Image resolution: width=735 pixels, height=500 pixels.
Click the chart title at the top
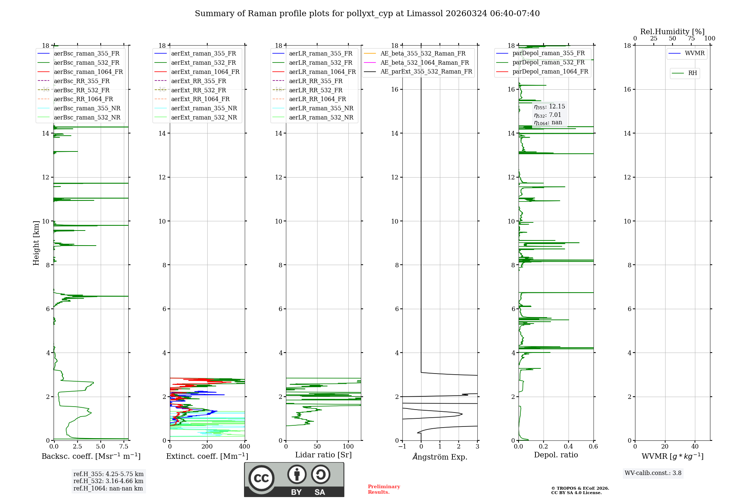367,14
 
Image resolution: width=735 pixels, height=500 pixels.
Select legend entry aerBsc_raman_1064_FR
88,72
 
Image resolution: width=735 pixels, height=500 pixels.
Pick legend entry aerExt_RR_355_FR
198,81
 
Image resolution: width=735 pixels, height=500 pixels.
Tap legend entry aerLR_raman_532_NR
321,117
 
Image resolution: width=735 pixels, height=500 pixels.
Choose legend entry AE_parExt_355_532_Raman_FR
426,71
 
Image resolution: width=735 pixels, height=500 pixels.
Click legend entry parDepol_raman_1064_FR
550,71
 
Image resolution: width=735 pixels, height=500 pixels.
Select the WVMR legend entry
695,53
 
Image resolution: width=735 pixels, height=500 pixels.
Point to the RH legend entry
692,73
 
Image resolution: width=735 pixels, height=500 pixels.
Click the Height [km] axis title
36,243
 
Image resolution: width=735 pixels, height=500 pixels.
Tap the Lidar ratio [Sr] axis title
323,455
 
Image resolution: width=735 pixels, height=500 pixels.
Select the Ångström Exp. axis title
440,457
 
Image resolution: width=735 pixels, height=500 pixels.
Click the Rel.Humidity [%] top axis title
672,32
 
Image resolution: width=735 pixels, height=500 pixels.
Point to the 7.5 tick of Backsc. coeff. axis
124,447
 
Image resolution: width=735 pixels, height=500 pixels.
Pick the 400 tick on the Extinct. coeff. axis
244,447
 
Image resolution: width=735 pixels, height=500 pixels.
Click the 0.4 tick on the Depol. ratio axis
569,447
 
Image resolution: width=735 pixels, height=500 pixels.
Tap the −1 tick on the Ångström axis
402,447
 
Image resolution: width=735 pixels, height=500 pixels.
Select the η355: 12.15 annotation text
549,107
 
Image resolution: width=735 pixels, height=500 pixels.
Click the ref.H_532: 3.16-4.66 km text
108,481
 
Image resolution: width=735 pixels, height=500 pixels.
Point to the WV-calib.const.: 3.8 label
653,473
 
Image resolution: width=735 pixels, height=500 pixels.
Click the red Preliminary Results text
384,489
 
